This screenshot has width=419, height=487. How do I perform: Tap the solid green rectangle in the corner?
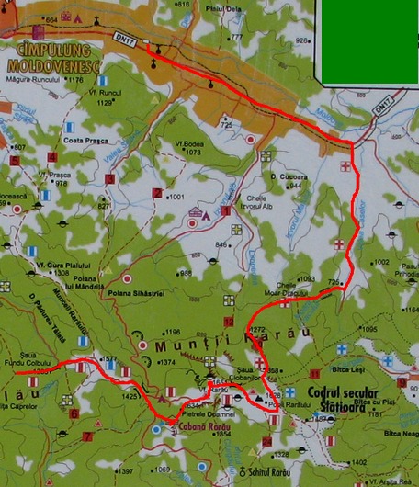368,40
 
